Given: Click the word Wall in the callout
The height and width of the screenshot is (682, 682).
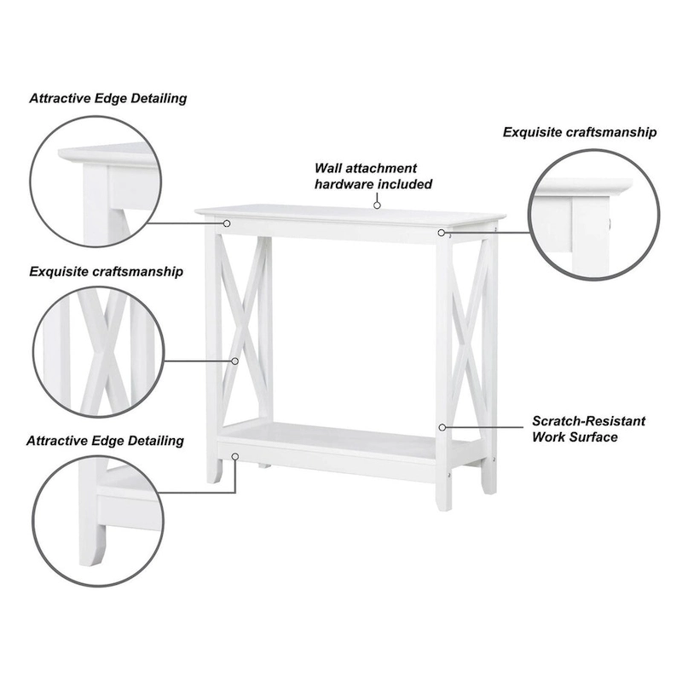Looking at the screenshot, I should tap(331, 168).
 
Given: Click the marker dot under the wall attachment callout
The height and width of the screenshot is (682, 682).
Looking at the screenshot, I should tap(376, 205).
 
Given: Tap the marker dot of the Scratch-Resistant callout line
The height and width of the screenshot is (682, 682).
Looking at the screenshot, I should tap(442, 426).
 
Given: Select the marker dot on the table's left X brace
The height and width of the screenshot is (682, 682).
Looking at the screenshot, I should tap(235, 361).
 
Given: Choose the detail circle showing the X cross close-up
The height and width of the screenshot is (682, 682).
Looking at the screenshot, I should tap(98, 350).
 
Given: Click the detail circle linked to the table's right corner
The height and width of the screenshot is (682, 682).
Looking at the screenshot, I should tap(593, 215).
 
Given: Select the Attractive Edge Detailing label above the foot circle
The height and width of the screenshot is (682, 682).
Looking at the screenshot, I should tap(105, 441).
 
